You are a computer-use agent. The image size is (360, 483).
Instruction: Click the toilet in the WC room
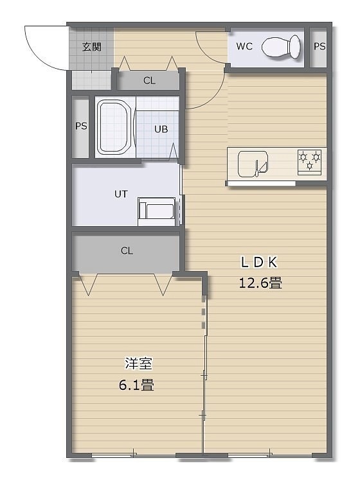(281, 46)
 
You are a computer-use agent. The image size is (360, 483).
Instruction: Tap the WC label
(244, 46)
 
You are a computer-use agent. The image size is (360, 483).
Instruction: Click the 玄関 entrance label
(92, 47)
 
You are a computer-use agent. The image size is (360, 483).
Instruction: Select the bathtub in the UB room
(114, 127)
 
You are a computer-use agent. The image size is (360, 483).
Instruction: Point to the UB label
(161, 129)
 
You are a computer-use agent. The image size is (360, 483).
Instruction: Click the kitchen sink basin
(253, 164)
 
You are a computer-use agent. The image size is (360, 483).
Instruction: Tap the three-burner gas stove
(309, 162)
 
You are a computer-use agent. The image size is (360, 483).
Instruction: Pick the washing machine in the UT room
(157, 211)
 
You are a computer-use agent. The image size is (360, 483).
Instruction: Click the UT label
(121, 194)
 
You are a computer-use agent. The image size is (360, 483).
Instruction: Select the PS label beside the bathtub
(81, 127)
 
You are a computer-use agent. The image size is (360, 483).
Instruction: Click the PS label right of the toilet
(319, 46)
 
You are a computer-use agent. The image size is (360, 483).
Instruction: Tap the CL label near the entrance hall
(149, 81)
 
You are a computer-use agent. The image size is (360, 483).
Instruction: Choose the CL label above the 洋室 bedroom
(127, 250)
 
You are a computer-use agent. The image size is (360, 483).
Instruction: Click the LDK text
(259, 263)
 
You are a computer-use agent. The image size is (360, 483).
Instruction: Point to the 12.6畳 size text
(260, 283)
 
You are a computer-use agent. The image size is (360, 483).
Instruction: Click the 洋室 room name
(138, 364)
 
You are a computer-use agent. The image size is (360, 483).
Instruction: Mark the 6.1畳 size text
(136, 385)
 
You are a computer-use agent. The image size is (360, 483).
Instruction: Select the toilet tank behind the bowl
(295, 46)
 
